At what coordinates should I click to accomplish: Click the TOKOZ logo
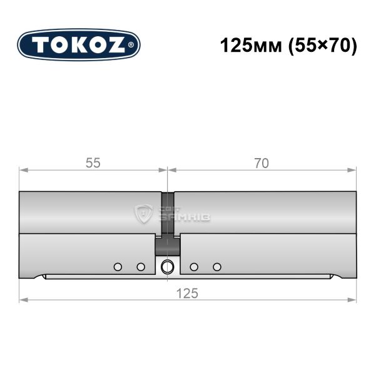(x=79, y=45)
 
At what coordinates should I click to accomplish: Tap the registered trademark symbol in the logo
(x=131, y=45)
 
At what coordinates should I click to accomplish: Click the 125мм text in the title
(x=251, y=46)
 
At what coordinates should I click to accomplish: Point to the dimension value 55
(x=93, y=163)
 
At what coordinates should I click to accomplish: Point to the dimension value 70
(x=262, y=163)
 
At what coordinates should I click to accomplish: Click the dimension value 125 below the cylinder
(x=187, y=294)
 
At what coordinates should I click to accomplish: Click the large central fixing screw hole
(x=167, y=267)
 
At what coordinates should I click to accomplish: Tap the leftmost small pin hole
(x=118, y=267)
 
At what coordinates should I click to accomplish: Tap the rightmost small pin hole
(x=217, y=267)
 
